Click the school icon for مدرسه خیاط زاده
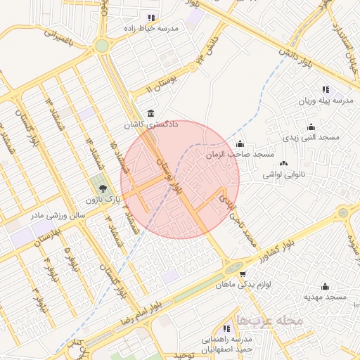150,18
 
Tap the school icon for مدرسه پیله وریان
325,90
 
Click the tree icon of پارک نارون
103,188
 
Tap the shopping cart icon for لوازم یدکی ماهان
243,274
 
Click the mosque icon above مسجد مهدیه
324,287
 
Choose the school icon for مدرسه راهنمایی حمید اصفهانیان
227,328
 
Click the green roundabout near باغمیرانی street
103,45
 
